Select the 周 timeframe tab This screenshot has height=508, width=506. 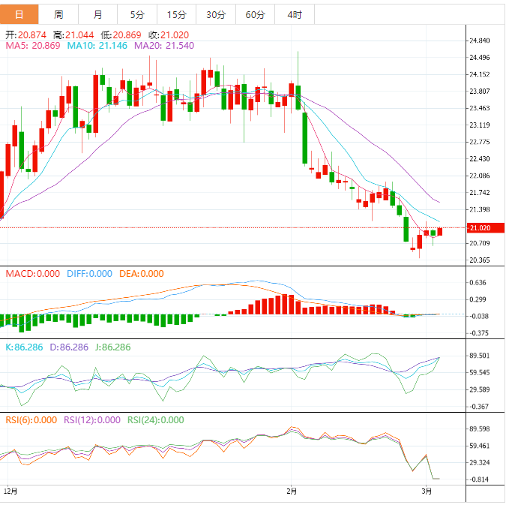[x=58, y=14]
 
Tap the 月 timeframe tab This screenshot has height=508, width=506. [x=98, y=14]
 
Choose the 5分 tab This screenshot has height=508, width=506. [x=137, y=14]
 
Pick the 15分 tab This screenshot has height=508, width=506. [x=176, y=14]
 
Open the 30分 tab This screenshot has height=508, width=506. [x=215, y=14]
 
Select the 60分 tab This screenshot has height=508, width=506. [x=255, y=14]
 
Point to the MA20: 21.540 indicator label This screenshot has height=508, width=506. [x=164, y=46]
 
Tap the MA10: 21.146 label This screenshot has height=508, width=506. [x=98, y=46]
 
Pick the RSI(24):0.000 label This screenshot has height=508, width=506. [x=155, y=420]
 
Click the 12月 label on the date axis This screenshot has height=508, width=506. [x=10, y=491]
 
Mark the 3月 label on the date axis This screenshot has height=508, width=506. [x=427, y=491]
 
